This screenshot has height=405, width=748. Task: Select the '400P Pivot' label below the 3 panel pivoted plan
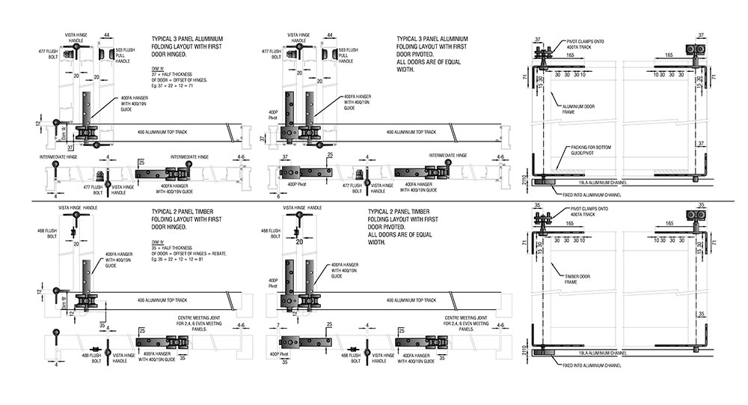pos(286,182)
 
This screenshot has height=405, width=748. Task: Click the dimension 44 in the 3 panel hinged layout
pos(108,35)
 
